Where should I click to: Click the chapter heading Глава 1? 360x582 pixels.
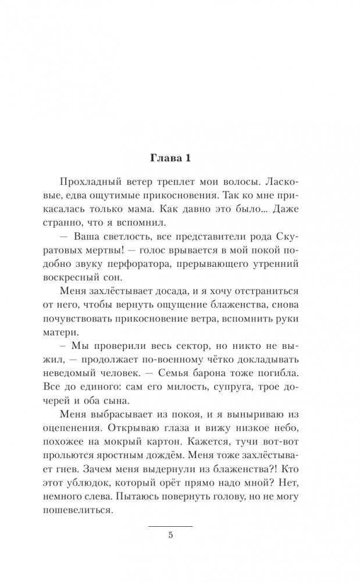pos(180,158)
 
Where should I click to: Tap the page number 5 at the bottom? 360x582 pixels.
pos(170,535)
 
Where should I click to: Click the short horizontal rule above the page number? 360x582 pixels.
pos(170,526)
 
